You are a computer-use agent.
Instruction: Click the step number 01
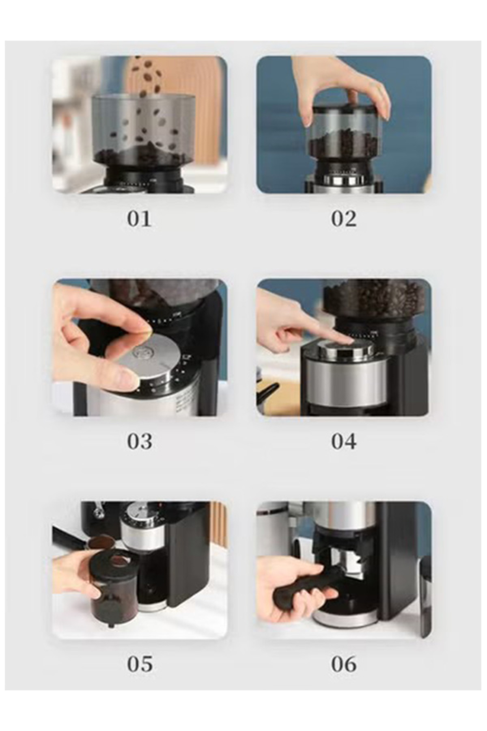coord(140,219)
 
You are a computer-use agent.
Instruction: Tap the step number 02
coord(344,219)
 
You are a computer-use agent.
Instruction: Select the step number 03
coord(140,441)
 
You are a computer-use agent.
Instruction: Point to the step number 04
coord(344,441)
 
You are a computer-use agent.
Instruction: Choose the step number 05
coord(140,664)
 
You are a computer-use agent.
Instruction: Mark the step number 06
coord(344,664)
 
